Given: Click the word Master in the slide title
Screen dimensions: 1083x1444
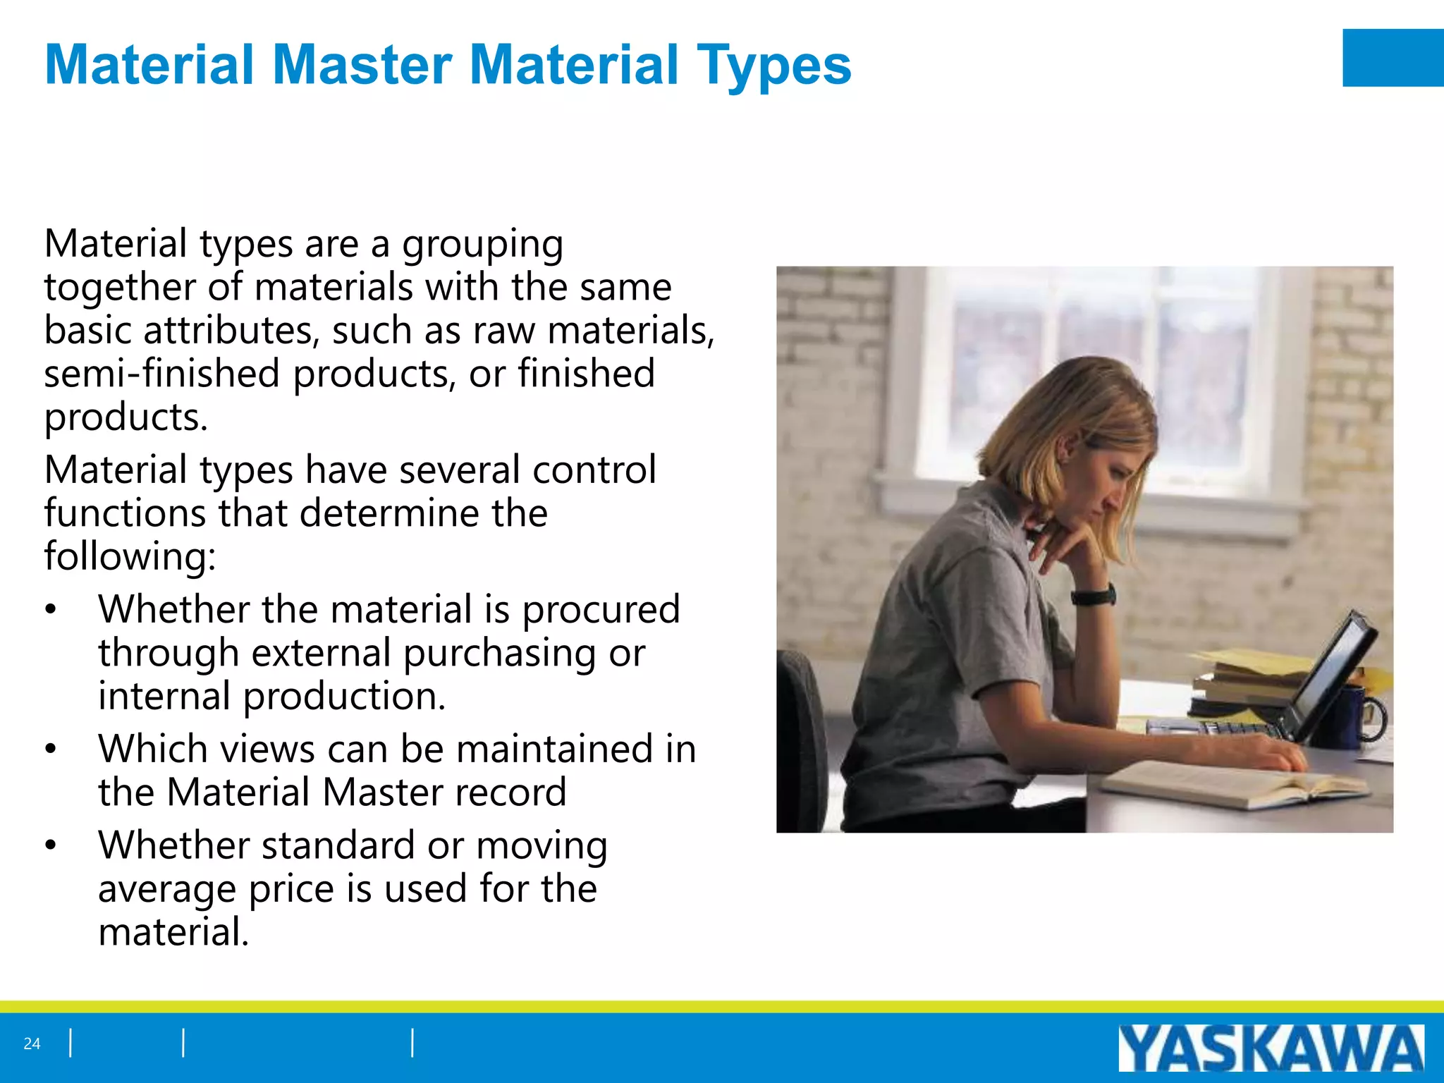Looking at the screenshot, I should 362,65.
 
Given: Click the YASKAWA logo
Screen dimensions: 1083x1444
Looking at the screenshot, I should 1271,1047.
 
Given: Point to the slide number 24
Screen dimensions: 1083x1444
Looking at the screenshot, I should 32,1044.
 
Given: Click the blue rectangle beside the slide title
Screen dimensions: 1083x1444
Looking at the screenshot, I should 1393,58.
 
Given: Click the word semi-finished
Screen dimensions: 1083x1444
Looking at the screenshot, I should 161,374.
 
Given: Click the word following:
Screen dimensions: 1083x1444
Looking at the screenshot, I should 130,556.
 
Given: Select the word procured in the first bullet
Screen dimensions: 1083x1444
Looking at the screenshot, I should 601,609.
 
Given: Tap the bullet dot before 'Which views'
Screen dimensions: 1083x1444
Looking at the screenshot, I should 50,749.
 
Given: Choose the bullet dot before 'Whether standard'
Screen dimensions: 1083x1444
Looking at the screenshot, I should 50,846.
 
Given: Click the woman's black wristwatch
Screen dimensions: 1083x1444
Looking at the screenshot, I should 1094,596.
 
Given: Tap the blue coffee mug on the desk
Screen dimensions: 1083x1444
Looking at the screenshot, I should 1343,717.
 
